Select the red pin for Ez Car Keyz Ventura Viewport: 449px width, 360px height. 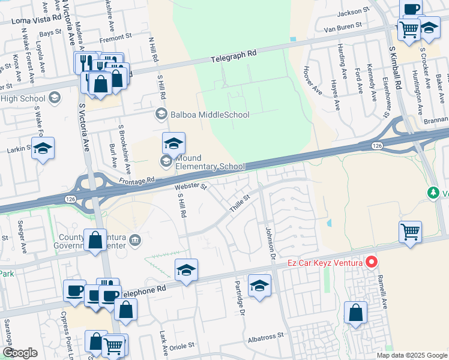pos(372,262)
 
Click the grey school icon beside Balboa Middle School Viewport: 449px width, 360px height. pos(160,113)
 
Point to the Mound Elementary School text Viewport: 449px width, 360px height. pos(210,163)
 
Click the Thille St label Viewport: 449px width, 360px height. pos(239,202)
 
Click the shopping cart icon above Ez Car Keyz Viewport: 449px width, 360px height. pos(410,230)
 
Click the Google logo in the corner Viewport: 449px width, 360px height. pos(20,353)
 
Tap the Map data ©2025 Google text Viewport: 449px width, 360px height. pos(411,355)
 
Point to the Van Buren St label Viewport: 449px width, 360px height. pos(343,26)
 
